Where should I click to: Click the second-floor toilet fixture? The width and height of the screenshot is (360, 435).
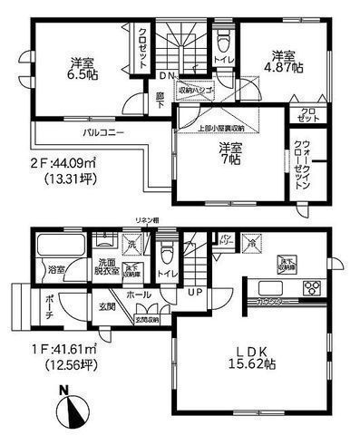click(x=222, y=41)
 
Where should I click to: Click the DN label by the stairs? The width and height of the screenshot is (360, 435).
click(x=168, y=75)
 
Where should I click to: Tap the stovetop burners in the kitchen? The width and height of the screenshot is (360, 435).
click(x=311, y=289)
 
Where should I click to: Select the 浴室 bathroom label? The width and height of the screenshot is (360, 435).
click(x=56, y=269)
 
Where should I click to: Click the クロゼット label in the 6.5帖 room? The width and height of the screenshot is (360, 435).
click(x=142, y=47)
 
